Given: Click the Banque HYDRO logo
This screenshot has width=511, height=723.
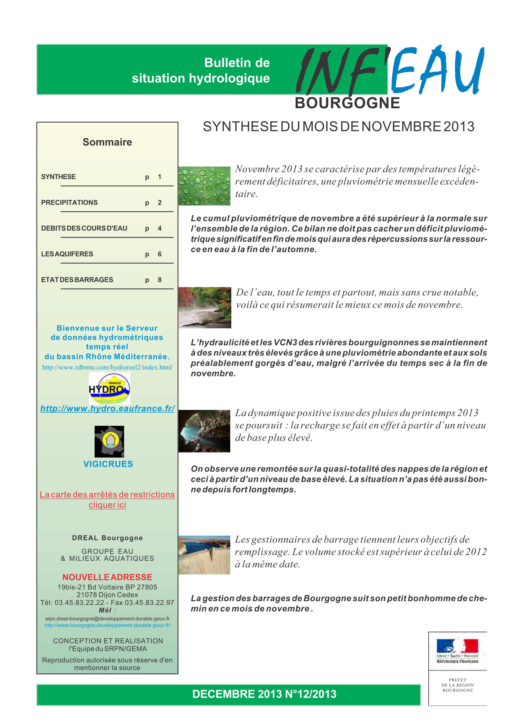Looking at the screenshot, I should (x=109, y=388).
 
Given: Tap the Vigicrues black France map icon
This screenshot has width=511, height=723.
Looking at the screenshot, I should (x=109, y=441).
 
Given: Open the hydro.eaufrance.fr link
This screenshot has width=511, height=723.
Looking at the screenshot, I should (x=107, y=408).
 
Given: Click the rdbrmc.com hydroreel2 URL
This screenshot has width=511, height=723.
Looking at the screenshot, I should (x=107, y=367).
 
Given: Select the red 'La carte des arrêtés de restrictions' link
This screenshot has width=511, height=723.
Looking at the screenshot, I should (x=107, y=494).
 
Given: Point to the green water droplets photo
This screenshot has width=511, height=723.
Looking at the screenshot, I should (x=204, y=186).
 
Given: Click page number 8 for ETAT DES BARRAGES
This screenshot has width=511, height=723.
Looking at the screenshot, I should (x=160, y=280).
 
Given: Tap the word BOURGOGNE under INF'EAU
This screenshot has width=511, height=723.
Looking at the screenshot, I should (x=347, y=103).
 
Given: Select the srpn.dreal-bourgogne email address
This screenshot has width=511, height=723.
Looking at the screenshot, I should (x=107, y=619).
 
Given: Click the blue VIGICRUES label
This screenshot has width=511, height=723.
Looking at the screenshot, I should (x=108, y=464).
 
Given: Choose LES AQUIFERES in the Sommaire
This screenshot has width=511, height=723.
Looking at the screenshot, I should (x=67, y=254).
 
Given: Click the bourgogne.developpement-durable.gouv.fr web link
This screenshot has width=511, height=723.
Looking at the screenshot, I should (x=107, y=625).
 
